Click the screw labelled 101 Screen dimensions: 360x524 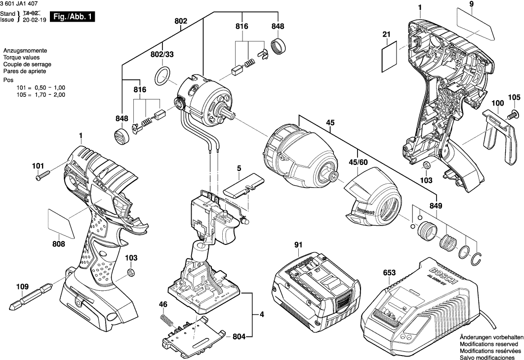42,176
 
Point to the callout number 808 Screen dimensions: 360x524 58,243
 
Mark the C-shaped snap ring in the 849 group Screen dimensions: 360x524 477,258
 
